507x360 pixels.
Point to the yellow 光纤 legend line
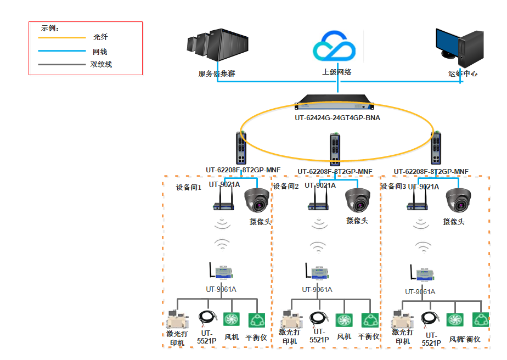tap(62, 38)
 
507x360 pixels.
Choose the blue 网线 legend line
tap(62, 52)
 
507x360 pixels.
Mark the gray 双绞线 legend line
tap(62, 65)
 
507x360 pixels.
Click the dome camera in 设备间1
tap(258, 201)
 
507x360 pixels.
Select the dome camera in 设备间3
tap(459, 201)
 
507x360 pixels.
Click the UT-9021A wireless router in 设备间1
tap(224, 203)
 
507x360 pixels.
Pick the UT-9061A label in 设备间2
tap(317, 290)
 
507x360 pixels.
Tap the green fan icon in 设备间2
tap(344, 320)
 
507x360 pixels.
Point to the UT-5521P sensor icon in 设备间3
tap(431, 319)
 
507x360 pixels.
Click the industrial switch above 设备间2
tap(334, 149)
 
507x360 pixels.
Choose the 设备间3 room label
tap(393, 187)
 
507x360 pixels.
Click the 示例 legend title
tap(50, 28)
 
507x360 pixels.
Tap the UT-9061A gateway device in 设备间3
tap(420, 274)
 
